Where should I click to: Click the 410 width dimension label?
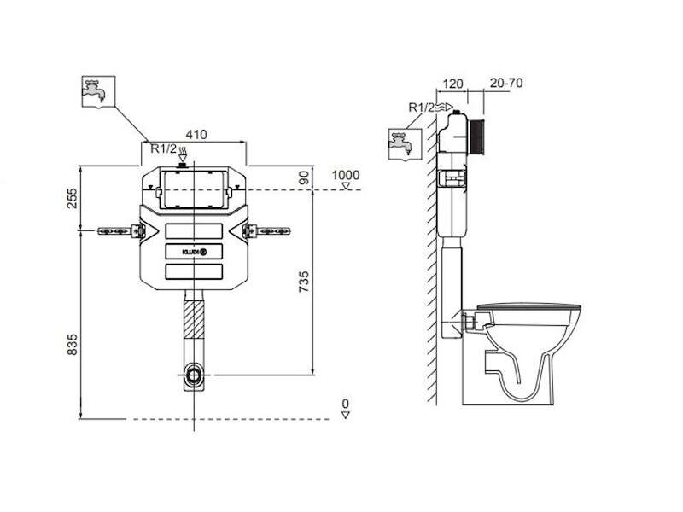pos(196,135)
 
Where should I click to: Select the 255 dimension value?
pos(72,198)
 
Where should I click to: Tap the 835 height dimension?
pos(72,345)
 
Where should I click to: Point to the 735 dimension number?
pos(304,282)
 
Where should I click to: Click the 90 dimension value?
pos(304,177)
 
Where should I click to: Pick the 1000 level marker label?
pos(346,175)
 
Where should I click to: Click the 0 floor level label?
pos(346,403)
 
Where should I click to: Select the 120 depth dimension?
pos(452,84)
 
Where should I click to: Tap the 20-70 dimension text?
pos(506,83)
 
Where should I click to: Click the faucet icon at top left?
pos(98,91)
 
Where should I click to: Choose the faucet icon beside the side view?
pos(405,144)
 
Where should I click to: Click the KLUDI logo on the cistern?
pos(195,252)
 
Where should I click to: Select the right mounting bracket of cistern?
pos(266,230)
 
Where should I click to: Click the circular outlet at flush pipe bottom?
pos(194,375)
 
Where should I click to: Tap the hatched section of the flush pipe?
pos(194,319)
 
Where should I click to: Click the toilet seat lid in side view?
pos(528,307)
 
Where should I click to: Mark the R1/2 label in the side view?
pos(421,108)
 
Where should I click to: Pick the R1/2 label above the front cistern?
pos(164,148)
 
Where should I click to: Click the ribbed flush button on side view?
pos(477,136)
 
